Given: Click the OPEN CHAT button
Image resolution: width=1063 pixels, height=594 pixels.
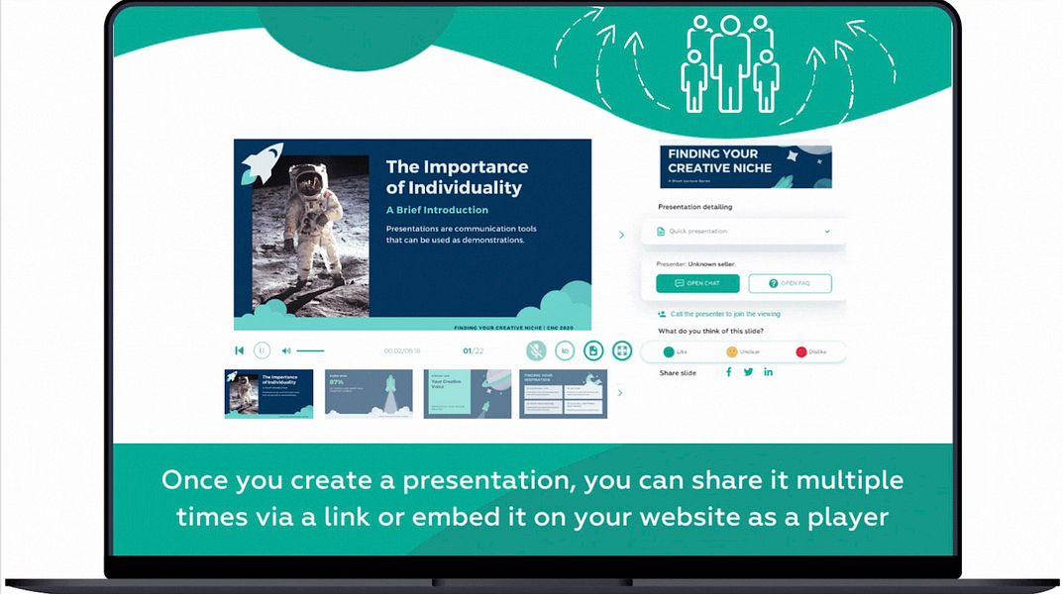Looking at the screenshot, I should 697,283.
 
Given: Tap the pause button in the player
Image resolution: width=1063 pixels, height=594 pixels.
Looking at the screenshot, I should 262,350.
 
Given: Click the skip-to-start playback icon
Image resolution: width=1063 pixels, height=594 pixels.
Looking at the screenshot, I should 239,350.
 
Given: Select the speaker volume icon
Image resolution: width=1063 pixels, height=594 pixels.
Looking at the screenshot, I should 286,350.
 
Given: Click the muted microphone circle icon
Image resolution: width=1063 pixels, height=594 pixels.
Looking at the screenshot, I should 536,350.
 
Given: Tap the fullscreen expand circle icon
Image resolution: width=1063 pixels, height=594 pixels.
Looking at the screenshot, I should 622,350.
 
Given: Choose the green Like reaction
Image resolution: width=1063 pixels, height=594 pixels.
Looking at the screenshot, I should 669,351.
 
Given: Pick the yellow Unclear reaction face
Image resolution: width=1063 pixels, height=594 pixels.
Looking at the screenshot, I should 732,351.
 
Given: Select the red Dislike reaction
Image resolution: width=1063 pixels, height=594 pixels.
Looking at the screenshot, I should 801,351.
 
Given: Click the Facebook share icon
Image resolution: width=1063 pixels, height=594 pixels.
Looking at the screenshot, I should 729,372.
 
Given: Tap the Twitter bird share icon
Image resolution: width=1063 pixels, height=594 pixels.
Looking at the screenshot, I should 748,372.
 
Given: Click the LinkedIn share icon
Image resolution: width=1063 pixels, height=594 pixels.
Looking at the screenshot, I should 768,372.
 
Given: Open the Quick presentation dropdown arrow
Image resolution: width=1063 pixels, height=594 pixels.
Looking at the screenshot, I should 827,232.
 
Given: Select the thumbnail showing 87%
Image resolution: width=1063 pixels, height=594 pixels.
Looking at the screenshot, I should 369,394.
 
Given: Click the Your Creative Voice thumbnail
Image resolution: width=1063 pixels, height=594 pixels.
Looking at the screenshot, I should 468,394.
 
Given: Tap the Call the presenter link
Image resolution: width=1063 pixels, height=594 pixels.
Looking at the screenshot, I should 721,314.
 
